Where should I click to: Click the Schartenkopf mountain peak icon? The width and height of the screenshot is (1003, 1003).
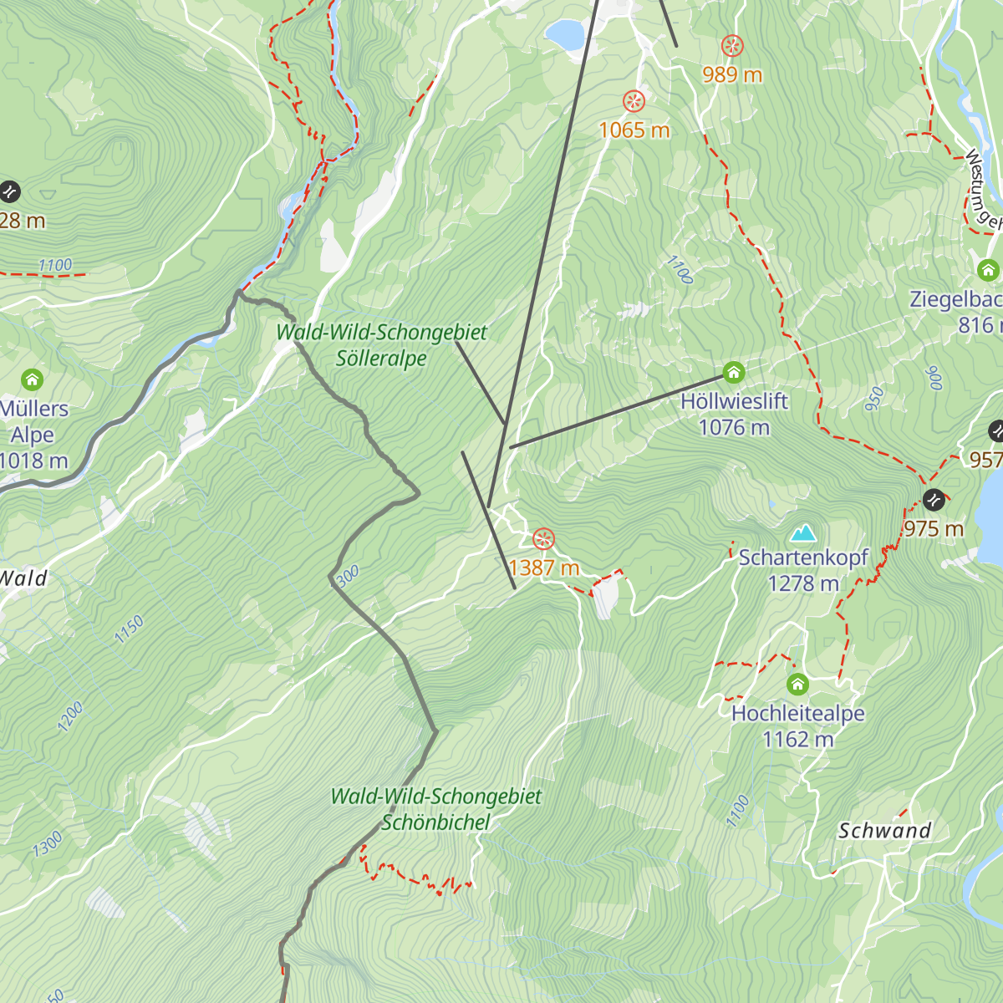(803, 533)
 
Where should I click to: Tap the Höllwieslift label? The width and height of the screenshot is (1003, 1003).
(734, 401)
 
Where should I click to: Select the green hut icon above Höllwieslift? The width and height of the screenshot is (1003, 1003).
(734, 372)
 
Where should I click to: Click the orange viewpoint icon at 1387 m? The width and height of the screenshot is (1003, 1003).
(543, 539)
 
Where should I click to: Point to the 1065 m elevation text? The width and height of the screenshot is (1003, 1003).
(634, 130)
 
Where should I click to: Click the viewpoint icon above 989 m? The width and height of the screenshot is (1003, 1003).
(732, 46)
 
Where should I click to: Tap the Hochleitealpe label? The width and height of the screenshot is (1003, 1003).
(797, 713)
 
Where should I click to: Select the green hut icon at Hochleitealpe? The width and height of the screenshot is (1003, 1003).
(797, 685)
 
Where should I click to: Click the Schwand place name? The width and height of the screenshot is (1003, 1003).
(884, 831)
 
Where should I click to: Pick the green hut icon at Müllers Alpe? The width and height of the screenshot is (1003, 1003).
(32, 380)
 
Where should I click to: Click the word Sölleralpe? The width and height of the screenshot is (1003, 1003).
(381, 359)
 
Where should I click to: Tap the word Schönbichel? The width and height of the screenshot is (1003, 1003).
(435, 822)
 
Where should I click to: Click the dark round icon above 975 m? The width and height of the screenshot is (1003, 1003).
(934, 500)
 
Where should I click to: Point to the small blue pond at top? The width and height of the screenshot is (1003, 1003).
(565, 34)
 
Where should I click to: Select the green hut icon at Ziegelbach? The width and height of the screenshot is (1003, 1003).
(988, 270)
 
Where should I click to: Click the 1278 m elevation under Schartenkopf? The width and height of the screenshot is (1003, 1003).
(803, 583)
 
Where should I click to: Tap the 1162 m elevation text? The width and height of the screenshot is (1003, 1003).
(797, 740)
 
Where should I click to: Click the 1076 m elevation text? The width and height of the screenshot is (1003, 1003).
(734, 428)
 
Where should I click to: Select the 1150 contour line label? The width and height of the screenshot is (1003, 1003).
(130, 629)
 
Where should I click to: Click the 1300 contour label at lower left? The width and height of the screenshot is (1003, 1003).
(48, 844)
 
